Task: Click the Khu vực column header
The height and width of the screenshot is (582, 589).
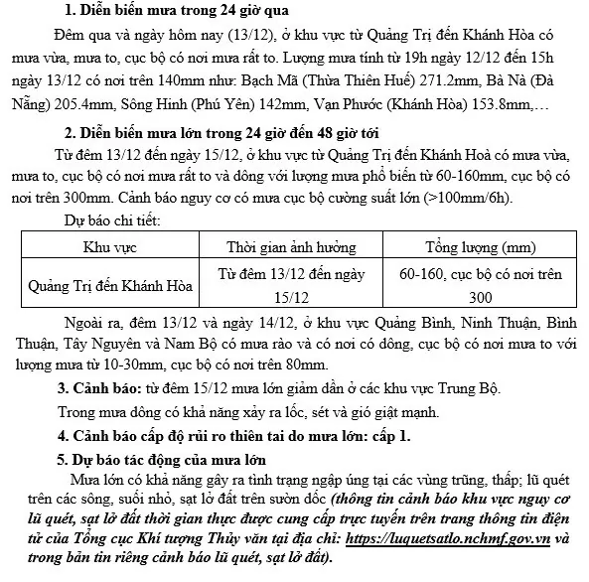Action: click(108, 246)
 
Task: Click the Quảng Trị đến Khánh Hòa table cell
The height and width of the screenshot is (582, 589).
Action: click(108, 284)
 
